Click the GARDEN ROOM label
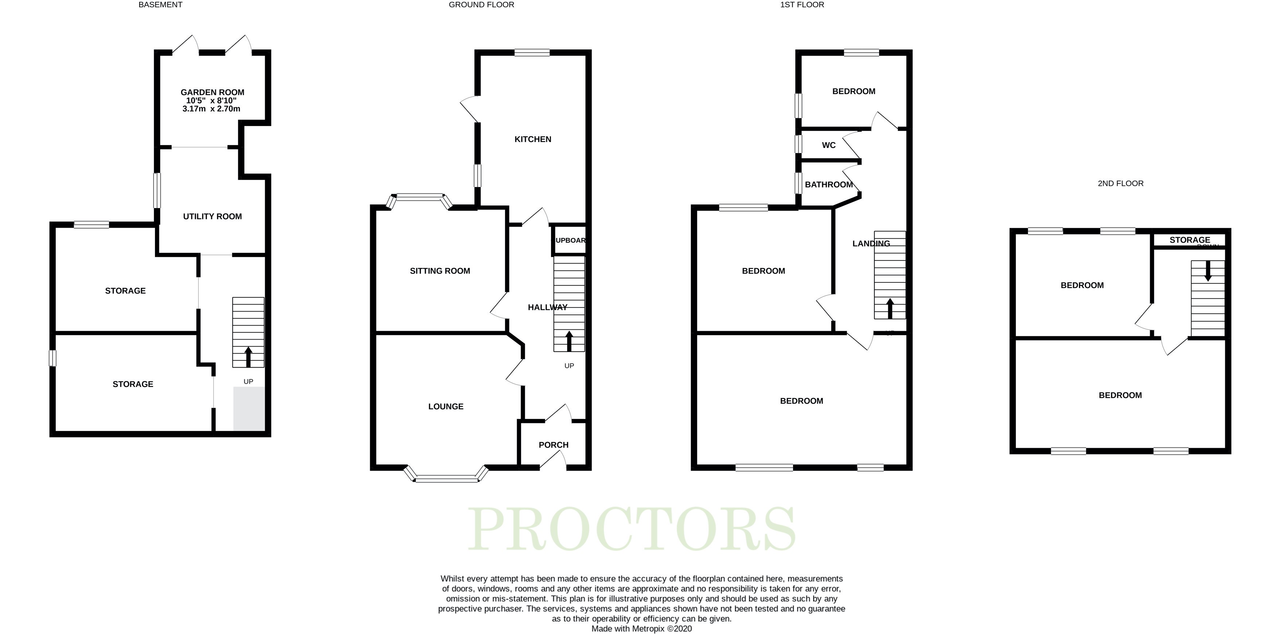pyautogui.click(x=212, y=93)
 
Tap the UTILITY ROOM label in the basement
pyautogui.click(x=212, y=217)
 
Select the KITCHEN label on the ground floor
pyautogui.click(x=533, y=139)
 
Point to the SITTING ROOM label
pyautogui.click(x=440, y=271)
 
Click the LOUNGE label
pyautogui.click(x=446, y=406)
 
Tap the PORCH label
pyautogui.click(x=554, y=445)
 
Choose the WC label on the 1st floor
pyautogui.click(x=828, y=145)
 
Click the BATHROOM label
pyautogui.click(x=828, y=185)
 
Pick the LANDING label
pyautogui.click(x=871, y=243)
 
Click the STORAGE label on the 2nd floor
pyautogui.click(x=1189, y=240)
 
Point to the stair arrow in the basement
pyautogui.click(x=248, y=357)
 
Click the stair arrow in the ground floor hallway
pyautogui.click(x=569, y=341)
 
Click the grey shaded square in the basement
pyautogui.click(x=249, y=409)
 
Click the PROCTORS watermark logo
pyautogui.click(x=632, y=529)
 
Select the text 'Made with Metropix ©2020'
pyautogui.click(x=641, y=629)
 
